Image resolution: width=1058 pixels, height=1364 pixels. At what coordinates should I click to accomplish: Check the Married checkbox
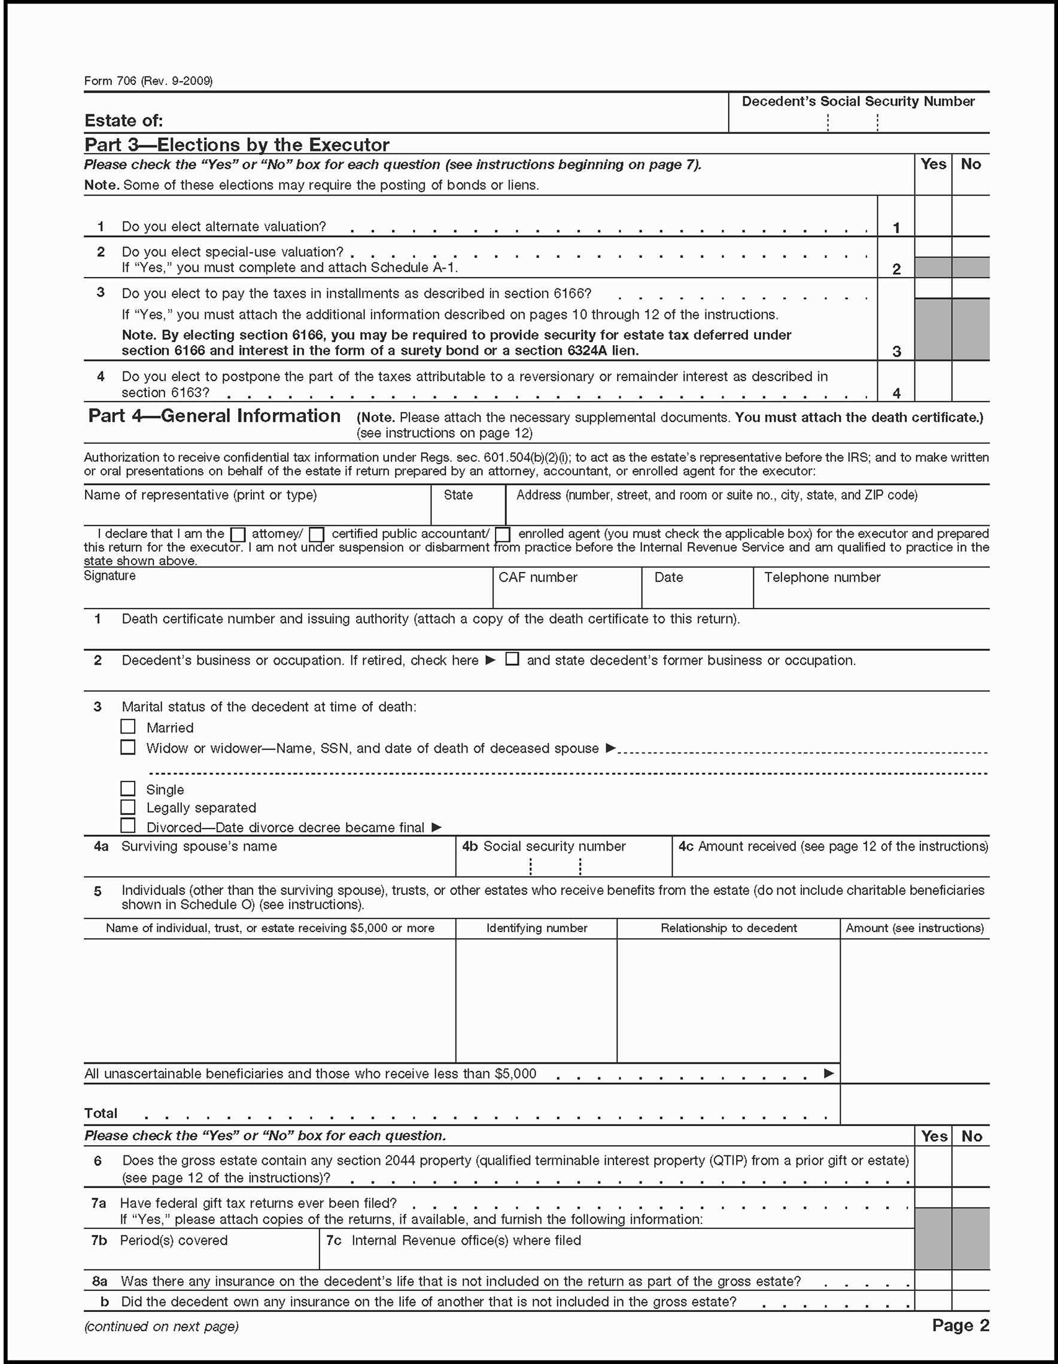128,726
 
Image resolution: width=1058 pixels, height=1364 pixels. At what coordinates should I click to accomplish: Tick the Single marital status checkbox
128,789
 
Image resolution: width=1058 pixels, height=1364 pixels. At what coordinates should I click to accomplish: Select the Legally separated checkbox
128,807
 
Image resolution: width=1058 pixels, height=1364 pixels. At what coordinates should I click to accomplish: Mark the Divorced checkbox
128,826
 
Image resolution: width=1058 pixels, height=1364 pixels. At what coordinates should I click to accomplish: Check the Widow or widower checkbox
128,747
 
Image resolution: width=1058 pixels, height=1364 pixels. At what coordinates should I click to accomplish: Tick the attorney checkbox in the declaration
238,535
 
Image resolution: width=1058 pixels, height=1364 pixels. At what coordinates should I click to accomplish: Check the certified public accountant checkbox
317,535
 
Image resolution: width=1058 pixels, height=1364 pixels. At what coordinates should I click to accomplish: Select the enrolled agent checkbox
503,535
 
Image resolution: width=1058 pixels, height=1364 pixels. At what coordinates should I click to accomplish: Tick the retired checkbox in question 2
512,659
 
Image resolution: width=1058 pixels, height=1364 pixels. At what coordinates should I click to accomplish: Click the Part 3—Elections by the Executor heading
237,145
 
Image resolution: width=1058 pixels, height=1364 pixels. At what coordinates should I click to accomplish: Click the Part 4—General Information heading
214,416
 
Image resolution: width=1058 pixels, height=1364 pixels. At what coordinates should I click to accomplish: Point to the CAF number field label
538,578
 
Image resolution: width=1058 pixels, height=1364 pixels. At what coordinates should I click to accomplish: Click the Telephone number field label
822,578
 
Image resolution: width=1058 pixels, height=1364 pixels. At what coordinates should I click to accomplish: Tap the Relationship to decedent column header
728,928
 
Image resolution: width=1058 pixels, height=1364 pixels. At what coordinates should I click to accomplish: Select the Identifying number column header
537,928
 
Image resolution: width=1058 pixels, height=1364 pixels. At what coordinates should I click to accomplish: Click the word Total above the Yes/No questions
101,1113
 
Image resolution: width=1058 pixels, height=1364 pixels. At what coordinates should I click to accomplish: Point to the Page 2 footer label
960,1325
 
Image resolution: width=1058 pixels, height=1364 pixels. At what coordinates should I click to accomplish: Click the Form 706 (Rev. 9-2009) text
148,81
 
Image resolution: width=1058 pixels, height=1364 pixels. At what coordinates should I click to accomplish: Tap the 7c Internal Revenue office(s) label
454,1240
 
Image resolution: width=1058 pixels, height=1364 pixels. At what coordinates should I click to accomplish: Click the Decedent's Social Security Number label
858,102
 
